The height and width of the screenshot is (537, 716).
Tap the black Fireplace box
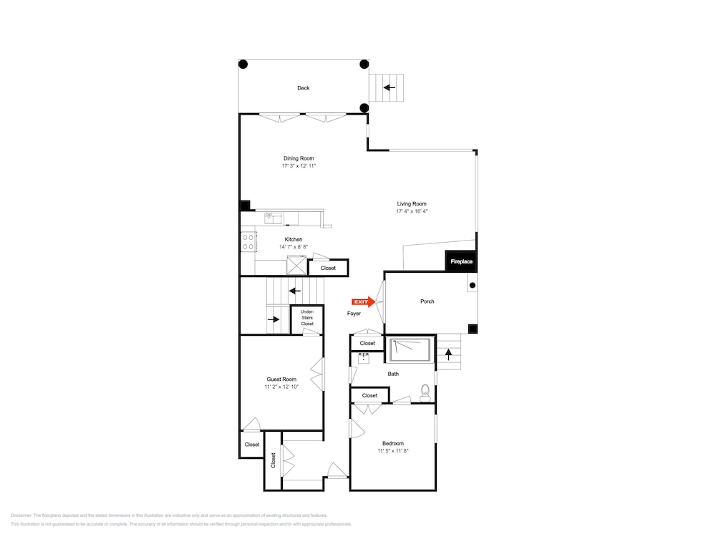click(x=461, y=261)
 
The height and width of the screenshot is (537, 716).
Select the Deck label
click(x=303, y=88)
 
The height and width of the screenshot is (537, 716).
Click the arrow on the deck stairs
click(x=389, y=87)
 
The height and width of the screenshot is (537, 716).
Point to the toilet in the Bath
click(x=425, y=394)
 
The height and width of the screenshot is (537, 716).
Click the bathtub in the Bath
click(x=410, y=350)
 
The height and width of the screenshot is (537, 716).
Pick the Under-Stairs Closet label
click(x=307, y=318)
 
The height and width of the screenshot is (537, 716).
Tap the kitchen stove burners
click(x=248, y=242)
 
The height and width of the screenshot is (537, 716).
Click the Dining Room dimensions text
click(x=299, y=166)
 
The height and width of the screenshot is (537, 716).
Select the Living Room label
click(x=412, y=204)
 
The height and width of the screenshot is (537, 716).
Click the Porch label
click(x=427, y=301)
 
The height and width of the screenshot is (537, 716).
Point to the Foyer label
click(x=354, y=314)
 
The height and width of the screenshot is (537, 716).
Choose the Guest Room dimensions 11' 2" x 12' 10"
click(x=281, y=387)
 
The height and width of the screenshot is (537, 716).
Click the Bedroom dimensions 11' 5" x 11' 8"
click(x=392, y=451)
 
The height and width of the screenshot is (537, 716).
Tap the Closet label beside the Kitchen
click(x=328, y=268)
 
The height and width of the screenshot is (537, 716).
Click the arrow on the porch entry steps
click(x=448, y=354)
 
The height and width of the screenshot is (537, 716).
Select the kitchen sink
click(x=273, y=218)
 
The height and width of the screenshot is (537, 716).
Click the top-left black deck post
click(x=243, y=64)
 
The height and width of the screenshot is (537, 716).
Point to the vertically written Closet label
click(x=273, y=460)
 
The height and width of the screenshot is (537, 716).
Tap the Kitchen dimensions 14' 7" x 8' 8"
click(x=294, y=247)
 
